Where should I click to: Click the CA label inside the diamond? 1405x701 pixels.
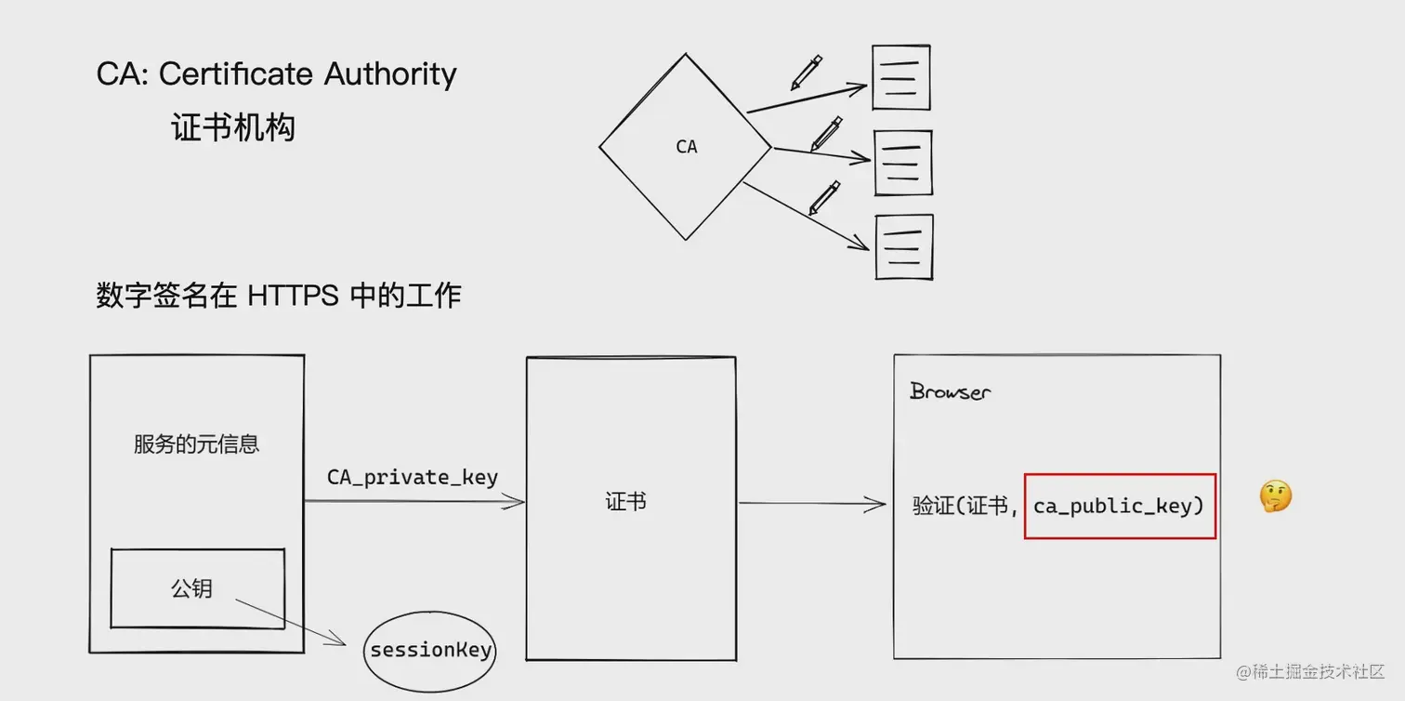[x=687, y=147]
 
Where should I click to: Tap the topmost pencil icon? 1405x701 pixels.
[x=807, y=73]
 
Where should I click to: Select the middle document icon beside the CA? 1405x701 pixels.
[x=903, y=163]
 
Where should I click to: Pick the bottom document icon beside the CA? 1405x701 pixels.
[x=904, y=246]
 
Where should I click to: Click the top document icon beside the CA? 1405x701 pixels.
[x=900, y=76]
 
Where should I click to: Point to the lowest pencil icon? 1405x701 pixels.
[x=824, y=197]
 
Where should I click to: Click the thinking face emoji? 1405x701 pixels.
[x=1275, y=497]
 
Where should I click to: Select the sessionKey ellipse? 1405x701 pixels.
[x=429, y=651]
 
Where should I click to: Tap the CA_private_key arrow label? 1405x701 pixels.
[x=413, y=478]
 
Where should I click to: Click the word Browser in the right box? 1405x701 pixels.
[x=950, y=391]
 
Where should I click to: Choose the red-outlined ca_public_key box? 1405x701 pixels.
[x=1120, y=507]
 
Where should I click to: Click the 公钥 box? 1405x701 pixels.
[x=197, y=588]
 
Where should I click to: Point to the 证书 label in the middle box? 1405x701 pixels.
[x=625, y=502]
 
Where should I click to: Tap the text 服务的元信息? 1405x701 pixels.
[x=196, y=444]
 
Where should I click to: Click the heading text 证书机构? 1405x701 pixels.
[x=233, y=127]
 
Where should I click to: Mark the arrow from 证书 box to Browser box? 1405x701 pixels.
[x=811, y=504]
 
